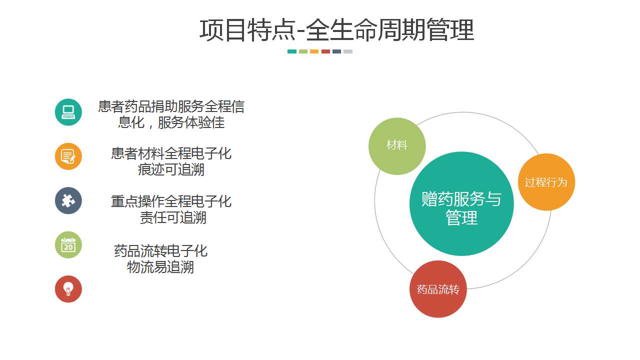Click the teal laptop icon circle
click(68, 112)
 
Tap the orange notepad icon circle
click(68, 156)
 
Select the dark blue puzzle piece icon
click(68, 200)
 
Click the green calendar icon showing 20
click(68, 245)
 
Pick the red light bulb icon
click(68, 289)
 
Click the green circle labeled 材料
click(397, 146)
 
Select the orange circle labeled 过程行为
click(546, 182)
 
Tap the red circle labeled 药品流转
click(438, 289)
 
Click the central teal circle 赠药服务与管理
click(461, 203)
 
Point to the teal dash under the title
click(291, 51)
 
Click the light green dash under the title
click(303, 51)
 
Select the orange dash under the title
click(314, 51)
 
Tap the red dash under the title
click(325, 51)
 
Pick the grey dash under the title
click(348, 51)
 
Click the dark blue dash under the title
click(337, 51)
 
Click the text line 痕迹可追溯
click(171, 169)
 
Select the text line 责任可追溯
click(173, 217)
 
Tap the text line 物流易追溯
click(160, 267)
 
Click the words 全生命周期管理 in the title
click(390, 30)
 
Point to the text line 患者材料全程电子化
click(171, 153)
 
